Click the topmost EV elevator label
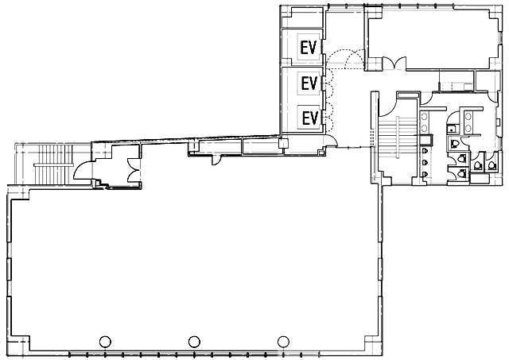coord(308,48)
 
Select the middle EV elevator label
coord(309,83)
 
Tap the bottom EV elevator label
coord(309,118)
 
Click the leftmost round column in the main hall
coord(105,342)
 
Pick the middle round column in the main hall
coord(194,341)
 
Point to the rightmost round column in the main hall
coord(283,341)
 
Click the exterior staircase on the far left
coord(53,165)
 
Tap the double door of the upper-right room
coord(394,64)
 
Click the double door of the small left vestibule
coord(133,169)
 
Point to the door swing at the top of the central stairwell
coord(387,105)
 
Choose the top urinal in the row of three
coord(425,151)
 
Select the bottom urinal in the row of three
coord(425,174)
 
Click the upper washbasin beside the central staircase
coord(424,116)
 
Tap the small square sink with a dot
coord(452,129)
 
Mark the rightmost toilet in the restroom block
coord(491,166)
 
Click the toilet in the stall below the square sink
coord(454,143)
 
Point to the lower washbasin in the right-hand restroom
coord(468,127)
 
